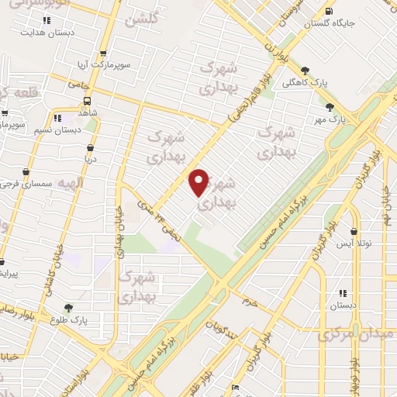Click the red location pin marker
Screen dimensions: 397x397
coord(200,181)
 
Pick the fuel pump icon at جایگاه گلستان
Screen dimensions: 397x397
coord(331,12)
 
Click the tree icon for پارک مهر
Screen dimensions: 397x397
coord(330,106)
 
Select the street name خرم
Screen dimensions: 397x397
coord(249,299)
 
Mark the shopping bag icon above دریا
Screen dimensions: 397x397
coord(91,146)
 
